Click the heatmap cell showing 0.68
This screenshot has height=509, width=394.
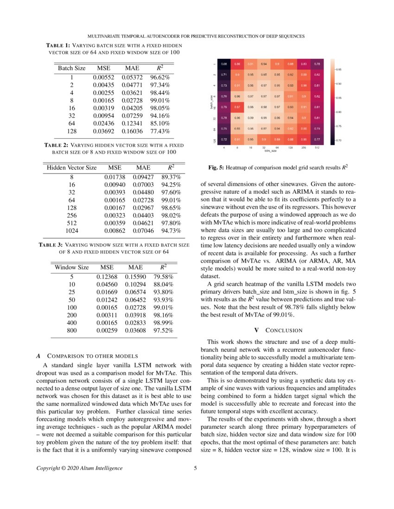[x=224, y=64]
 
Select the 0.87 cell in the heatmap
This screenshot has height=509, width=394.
[x=237, y=107]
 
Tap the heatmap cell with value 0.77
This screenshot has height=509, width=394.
[x=317, y=139]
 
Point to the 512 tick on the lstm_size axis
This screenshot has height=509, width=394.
[x=317, y=148]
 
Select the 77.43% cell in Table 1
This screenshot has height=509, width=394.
[x=160, y=132]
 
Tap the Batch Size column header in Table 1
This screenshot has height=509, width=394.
[x=72, y=68]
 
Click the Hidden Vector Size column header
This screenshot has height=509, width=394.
[x=72, y=168]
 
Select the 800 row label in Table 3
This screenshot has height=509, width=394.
[x=72, y=331]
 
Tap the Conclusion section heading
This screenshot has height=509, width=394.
[x=280, y=330]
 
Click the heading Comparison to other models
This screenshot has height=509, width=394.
[x=88, y=356]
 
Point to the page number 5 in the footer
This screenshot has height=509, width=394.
[x=196, y=468]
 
